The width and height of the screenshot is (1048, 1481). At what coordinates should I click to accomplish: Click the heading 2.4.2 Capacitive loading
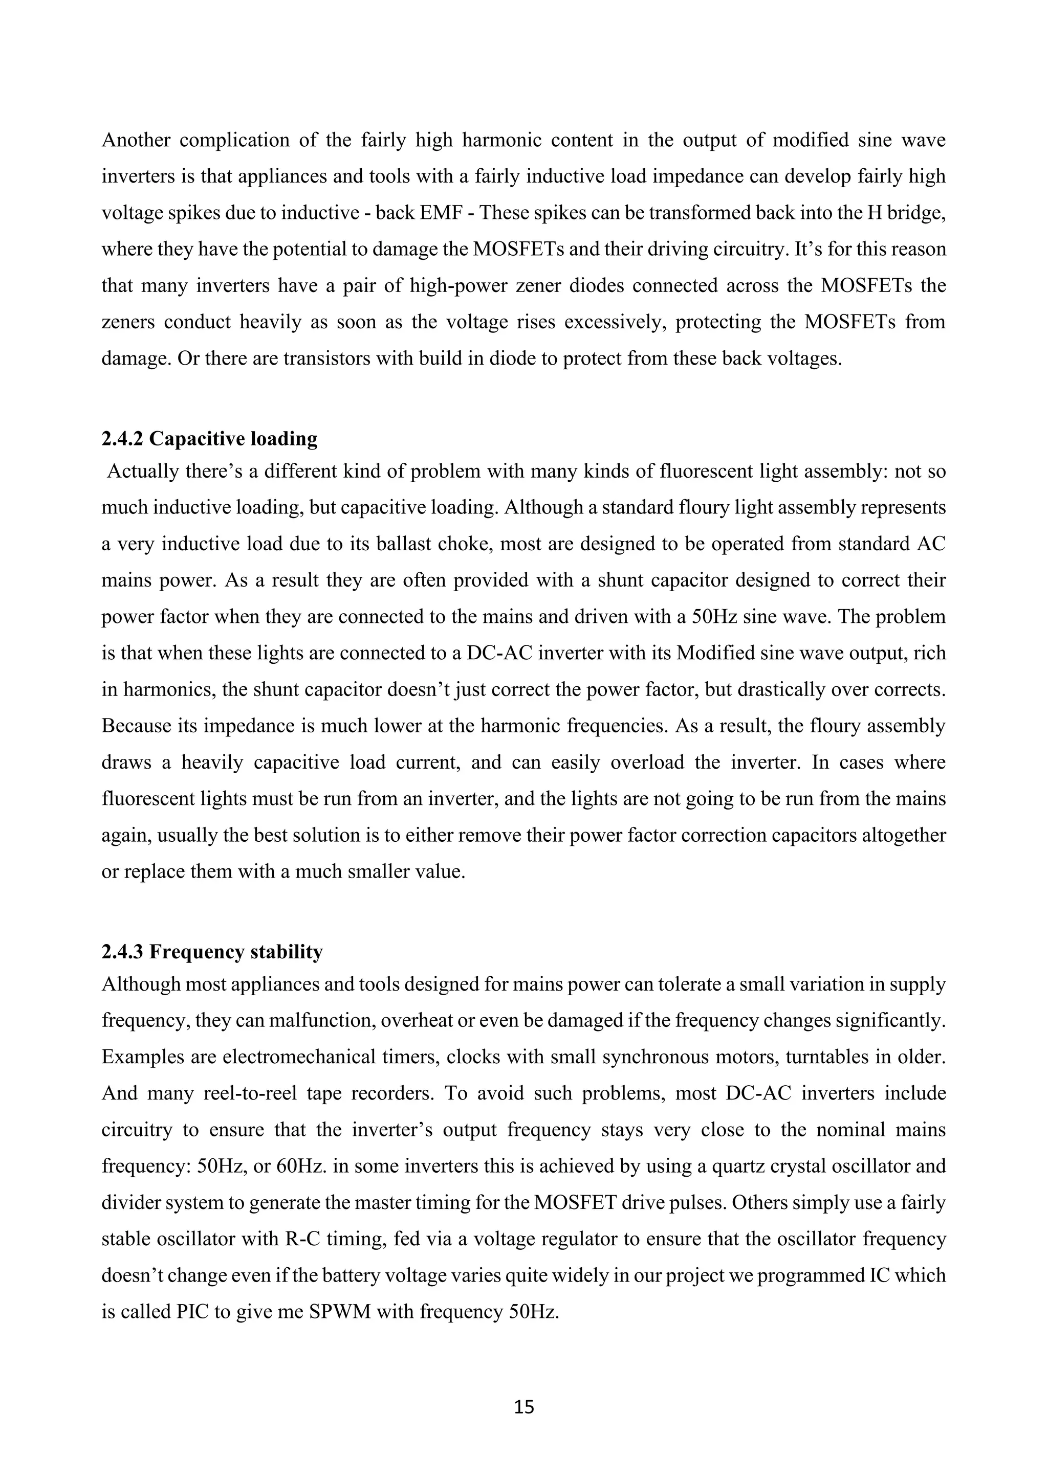pos(209,439)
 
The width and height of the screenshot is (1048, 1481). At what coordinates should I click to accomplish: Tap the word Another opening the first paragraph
pos(136,140)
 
